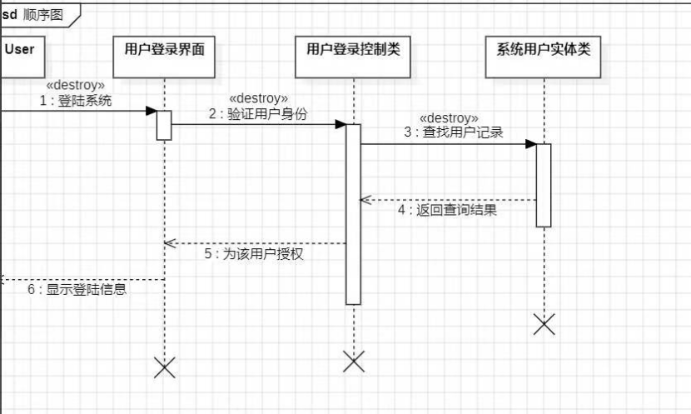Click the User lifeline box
tap(21, 55)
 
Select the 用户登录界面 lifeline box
tap(165, 55)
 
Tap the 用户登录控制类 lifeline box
tap(354, 55)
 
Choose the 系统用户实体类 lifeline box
tap(544, 55)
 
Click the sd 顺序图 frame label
tap(38, 14)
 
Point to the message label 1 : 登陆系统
tap(76, 101)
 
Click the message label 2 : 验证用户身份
tap(258, 114)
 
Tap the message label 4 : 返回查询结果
tap(447, 211)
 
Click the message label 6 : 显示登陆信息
tap(77, 290)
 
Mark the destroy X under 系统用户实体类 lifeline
tap(544, 324)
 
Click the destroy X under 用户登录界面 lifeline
tap(165, 367)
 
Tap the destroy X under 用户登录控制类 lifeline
tap(354, 361)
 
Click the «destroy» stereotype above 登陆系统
tap(76, 85)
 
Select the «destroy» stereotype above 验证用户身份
tap(258, 98)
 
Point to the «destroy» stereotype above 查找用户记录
tap(449, 117)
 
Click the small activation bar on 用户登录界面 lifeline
tap(164, 125)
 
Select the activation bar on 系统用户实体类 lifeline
tap(544, 184)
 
